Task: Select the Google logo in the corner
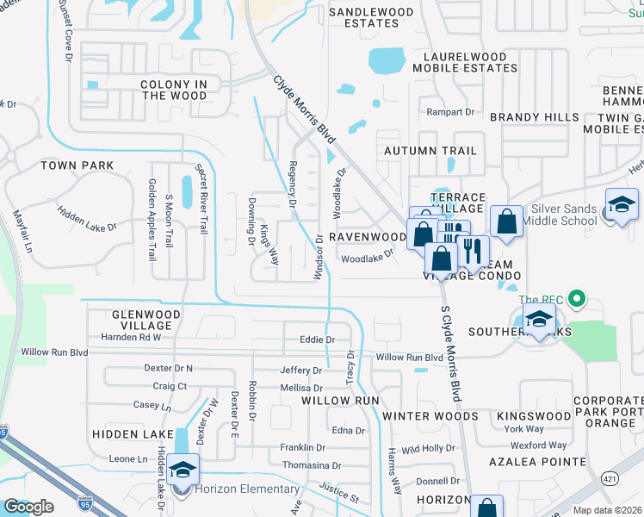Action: (28, 507)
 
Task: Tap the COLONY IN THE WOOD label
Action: (175, 90)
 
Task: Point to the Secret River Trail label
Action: (201, 200)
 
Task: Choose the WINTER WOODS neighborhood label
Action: (430, 416)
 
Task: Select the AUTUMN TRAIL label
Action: (430, 151)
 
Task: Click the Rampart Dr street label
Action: (451, 112)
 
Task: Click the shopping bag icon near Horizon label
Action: (487, 507)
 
